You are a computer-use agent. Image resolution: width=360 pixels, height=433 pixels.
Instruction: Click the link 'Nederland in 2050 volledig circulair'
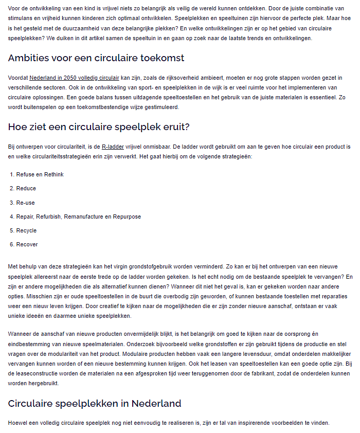[74, 78]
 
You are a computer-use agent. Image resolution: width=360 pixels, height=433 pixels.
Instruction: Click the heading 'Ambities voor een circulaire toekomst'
[96, 58]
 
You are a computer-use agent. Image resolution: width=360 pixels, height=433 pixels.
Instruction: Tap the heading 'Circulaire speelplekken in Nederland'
[95, 403]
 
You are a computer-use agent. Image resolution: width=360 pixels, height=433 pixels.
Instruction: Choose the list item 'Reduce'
[26, 188]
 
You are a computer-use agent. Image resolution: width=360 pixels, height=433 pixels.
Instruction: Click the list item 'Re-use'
[26, 203]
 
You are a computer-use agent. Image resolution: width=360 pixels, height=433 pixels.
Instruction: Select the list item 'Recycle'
[27, 230]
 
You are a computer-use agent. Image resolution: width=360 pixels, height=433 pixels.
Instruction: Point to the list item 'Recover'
[27, 244]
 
